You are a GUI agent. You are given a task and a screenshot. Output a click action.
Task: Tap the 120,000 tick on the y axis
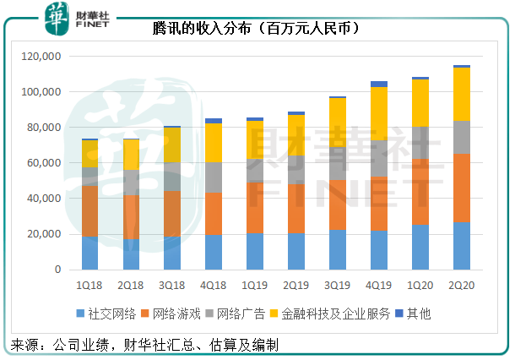(42, 57)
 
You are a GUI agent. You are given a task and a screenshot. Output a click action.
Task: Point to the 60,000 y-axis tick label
(45, 163)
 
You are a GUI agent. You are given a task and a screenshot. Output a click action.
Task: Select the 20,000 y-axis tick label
(45, 234)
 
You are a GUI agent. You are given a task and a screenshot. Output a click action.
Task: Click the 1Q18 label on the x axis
(89, 286)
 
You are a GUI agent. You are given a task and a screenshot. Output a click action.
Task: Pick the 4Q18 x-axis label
(214, 286)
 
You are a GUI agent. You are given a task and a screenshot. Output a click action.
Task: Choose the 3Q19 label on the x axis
(338, 286)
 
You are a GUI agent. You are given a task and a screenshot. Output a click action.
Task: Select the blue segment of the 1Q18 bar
(89, 253)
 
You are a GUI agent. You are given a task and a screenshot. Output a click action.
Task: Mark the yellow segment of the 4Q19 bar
(379, 113)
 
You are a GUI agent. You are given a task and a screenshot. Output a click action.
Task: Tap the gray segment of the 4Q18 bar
(214, 177)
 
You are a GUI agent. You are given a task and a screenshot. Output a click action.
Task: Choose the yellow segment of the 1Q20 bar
(420, 103)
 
